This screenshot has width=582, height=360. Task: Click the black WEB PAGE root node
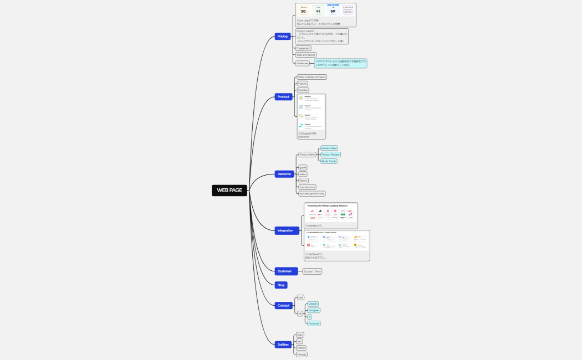[229, 190]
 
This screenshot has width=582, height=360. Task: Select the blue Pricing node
[283, 36]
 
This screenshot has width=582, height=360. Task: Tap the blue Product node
[283, 97]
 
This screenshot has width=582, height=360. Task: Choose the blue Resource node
[284, 174]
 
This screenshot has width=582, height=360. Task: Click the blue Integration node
[285, 230]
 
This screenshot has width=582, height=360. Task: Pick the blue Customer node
[284, 271]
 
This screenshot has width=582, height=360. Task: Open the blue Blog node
[281, 285]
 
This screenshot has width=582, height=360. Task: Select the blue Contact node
[283, 305]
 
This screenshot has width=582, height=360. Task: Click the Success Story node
[312, 271]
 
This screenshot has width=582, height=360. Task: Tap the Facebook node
[314, 323]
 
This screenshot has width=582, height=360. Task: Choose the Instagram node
[314, 311]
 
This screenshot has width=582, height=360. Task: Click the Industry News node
[329, 148]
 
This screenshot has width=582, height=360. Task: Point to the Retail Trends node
[329, 161]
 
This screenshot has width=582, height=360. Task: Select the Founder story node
[307, 187]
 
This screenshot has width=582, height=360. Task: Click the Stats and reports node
[305, 55]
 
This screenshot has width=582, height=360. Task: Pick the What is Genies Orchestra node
[312, 77]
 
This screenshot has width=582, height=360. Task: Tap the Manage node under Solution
[302, 354]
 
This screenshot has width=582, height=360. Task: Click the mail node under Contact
[300, 297]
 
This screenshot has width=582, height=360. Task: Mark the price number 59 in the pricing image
[333, 11]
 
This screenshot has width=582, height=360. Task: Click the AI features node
[302, 64]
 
